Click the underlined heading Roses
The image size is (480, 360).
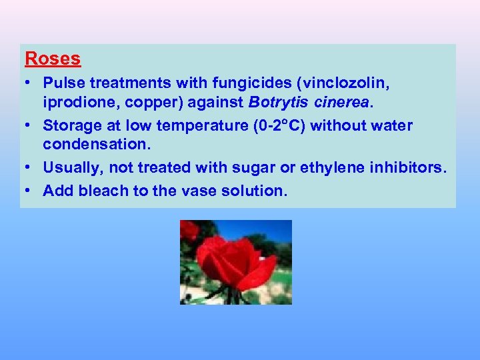(x=53, y=59)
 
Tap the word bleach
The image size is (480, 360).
(x=103, y=191)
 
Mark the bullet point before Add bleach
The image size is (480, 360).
(x=29, y=191)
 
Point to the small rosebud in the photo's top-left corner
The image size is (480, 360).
(x=191, y=231)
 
